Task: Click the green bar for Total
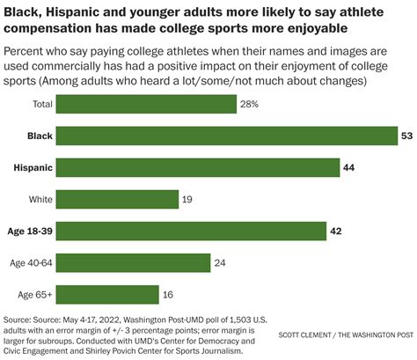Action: [146, 104]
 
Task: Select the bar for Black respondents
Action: [227, 136]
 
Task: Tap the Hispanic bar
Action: [198, 167]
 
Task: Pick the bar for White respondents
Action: [117, 199]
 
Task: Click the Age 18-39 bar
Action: [191, 231]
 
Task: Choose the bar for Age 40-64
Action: [133, 263]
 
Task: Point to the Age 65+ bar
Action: [107, 295]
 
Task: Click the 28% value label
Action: [249, 104]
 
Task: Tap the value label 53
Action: [406, 136]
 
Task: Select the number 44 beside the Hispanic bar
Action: [348, 167]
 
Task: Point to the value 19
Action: [187, 200]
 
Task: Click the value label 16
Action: [168, 295]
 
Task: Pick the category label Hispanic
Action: [33, 168]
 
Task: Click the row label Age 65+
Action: [35, 295]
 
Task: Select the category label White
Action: [40, 200]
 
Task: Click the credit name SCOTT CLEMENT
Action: [304, 334]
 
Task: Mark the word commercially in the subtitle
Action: [66, 66]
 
